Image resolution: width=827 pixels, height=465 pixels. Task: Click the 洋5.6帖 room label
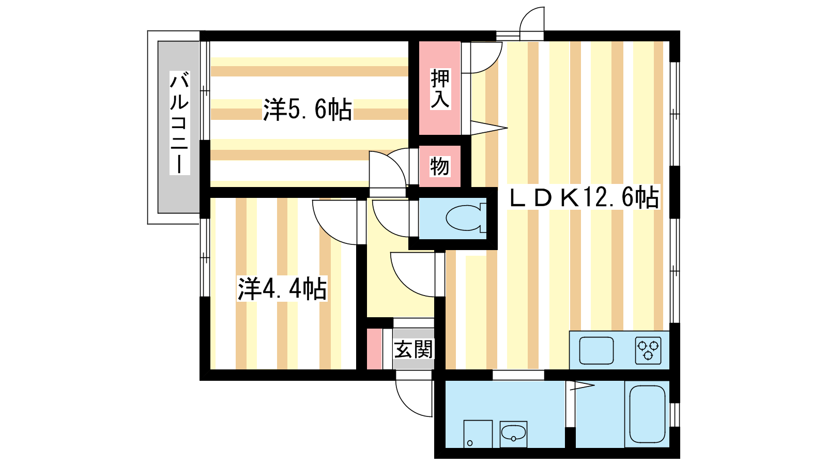click(308, 110)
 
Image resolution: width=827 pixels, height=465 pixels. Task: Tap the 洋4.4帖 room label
click(282, 289)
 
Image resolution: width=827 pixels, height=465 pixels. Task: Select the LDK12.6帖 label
click(584, 197)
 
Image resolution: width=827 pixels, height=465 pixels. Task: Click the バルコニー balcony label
click(179, 123)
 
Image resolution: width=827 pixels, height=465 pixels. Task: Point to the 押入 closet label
click(440, 89)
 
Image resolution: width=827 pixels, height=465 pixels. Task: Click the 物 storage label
click(439, 166)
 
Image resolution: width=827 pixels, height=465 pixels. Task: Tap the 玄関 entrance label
click(413, 350)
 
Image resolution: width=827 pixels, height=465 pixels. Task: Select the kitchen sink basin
click(596, 351)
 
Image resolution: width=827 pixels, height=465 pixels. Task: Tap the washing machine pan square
click(478, 433)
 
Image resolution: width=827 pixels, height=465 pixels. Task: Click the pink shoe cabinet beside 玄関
click(374, 349)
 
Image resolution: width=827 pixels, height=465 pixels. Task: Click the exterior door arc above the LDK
click(532, 21)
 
